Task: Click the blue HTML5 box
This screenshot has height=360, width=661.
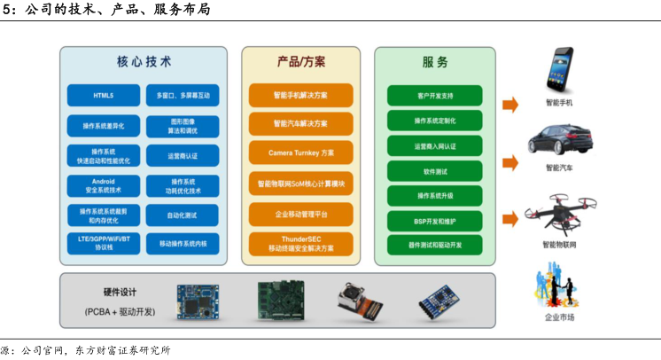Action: (x=103, y=95)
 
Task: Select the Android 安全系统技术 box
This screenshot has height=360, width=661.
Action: (x=103, y=185)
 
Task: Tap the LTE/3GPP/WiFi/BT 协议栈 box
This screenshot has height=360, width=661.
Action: (x=103, y=243)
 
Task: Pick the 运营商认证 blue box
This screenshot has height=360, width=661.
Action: (x=183, y=156)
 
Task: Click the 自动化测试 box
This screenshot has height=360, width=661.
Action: (x=183, y=215)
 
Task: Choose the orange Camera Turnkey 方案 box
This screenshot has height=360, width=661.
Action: (x=301, y=153)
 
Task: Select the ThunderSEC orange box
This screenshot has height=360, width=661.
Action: (x=301, y=243)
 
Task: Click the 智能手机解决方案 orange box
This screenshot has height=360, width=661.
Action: (x=301, y=95)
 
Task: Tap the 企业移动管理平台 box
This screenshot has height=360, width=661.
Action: (x=301, y=214)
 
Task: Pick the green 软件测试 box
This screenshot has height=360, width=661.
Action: (x=434, y=171)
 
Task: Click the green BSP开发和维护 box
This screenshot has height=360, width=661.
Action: (x=434, y=220)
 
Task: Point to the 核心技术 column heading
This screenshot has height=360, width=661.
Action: (x=144, y=62)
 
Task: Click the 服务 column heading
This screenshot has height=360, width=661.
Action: (x=434, y=62)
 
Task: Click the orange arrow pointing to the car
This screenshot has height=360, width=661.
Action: (x=509, y=163)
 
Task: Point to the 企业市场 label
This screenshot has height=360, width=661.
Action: (x=559, y=317)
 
